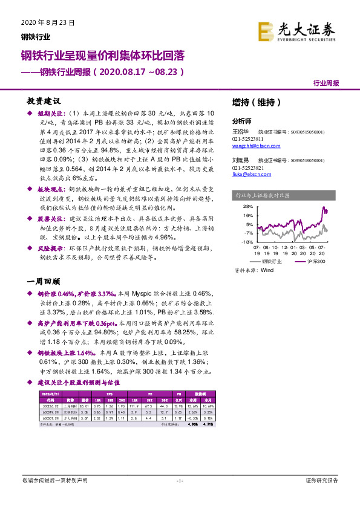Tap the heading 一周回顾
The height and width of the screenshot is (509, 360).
[44, 282]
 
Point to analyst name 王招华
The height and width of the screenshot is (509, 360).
[241, 132]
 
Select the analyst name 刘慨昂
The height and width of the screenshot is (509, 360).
[241, 161]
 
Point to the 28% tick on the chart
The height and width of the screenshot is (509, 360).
[247, 207]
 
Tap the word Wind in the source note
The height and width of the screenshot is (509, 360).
[267, 271]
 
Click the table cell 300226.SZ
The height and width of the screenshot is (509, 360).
[51, 406]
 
